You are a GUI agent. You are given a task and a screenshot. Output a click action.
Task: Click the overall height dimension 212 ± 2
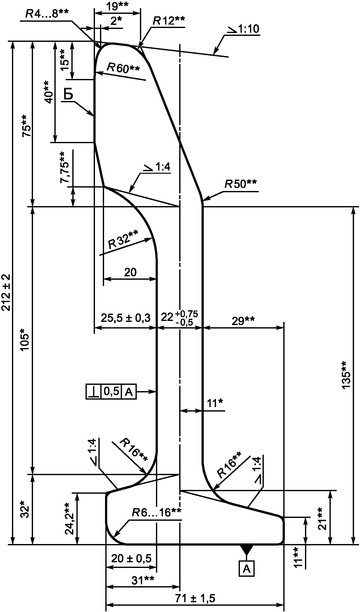point(6,292)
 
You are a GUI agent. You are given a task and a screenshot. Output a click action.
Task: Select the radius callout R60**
point(123,68)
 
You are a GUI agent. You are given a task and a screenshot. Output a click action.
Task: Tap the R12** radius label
point(169,21)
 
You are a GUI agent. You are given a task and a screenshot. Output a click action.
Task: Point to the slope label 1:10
point(244,29)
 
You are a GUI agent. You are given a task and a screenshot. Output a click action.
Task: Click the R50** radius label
point(241,184)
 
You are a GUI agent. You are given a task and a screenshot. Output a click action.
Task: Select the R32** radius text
point(123,239)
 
